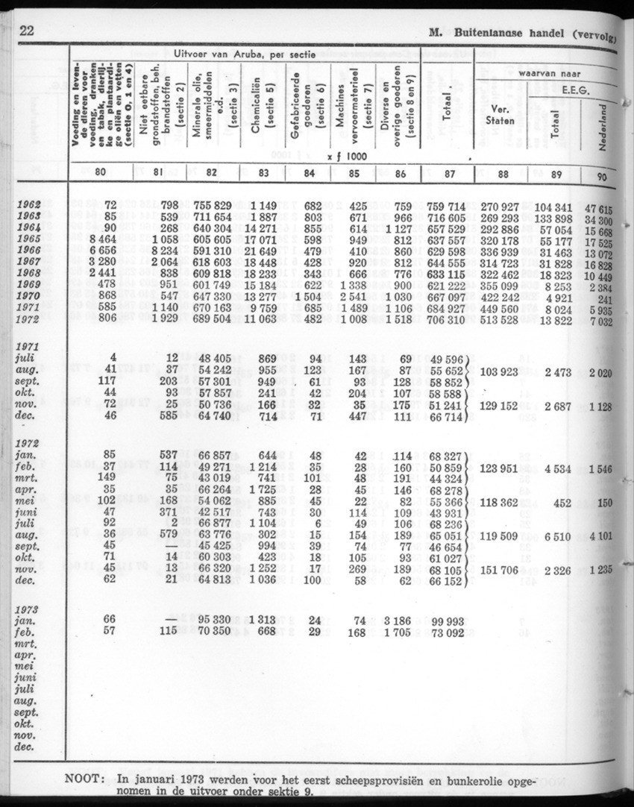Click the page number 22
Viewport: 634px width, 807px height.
click(x=26, y=31)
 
